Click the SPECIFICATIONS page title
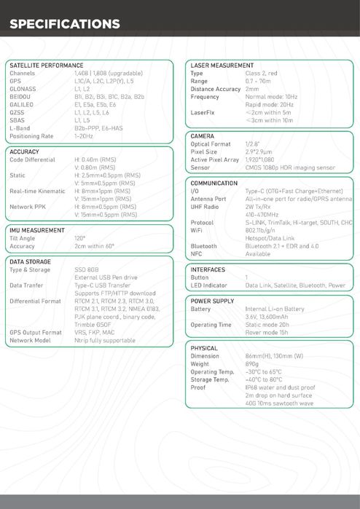(65, 25)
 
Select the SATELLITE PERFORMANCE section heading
(47, 66)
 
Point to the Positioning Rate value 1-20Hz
(84, 136)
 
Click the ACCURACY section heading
(25, 151)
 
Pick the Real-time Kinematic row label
(37, 191)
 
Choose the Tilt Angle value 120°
(79, 238)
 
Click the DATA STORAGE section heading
(31, 261)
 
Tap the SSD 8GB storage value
(87, 269)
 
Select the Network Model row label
(31, 340)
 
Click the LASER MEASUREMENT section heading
(222, 66)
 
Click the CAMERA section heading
(203, 136)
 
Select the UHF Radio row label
(206, 207)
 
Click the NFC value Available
(258, 254)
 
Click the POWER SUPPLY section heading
(213, 301)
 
